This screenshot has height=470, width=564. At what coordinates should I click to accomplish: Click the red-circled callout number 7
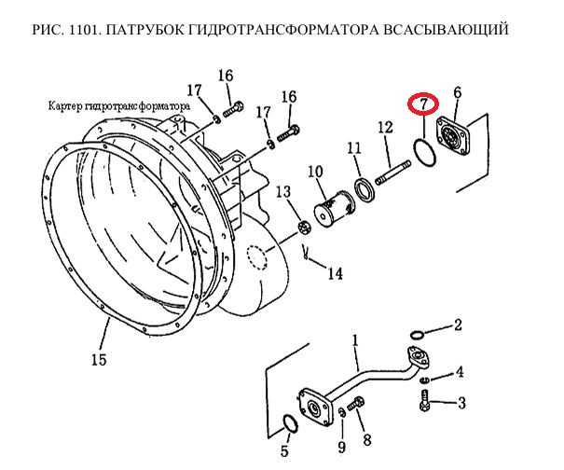(423, 104)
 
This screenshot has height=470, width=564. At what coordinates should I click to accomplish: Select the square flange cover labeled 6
(453, 137)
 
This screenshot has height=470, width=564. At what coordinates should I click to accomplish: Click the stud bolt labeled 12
(393, 173)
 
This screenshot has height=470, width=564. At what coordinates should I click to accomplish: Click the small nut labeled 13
(304, 228)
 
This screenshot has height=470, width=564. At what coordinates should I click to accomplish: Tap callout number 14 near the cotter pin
(335, 273)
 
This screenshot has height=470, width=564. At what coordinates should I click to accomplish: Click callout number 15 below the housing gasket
(99, 359)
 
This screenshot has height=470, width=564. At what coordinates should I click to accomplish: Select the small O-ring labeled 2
(417, 335)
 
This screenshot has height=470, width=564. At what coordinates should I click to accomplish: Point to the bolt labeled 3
(425, 400)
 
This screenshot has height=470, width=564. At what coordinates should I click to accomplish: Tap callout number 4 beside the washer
(460, 372)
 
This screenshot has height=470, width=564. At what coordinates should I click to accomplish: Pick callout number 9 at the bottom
(341, 448)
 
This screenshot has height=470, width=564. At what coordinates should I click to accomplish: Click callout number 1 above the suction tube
(355, 340)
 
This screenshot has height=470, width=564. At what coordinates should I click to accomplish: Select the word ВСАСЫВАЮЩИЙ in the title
(446, 30)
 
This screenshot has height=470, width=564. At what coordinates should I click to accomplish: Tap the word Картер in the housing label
(62, 106)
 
